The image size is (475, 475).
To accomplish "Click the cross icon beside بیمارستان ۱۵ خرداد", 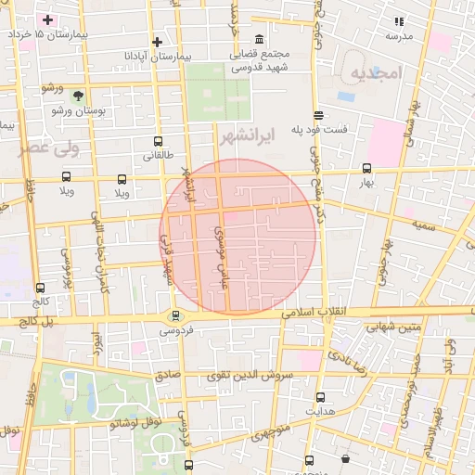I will (x=48, y=19).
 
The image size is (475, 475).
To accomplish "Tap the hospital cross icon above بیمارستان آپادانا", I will (x=158, y=42).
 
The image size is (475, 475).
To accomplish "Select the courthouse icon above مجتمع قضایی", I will (x=259, y=39).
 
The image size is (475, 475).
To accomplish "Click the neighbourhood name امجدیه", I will (x=374, y=73).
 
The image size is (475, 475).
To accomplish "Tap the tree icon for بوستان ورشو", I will (x=78, y=96).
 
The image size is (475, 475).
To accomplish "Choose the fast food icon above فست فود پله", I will (x=319, y=115).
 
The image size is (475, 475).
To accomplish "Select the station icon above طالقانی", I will (x=158, y=142).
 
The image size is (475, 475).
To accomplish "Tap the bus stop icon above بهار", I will (x=366, y=169).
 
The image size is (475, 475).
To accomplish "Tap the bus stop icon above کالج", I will (x=39, y=289).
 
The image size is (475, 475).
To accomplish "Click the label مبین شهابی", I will (x=393, y=327).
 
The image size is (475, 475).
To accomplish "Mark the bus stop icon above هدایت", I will (x=320, y=396).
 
